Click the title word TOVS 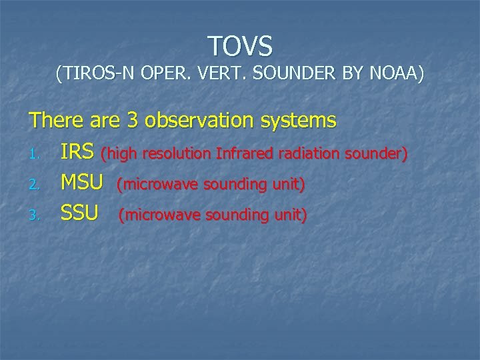pos(240,46)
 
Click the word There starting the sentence pos(56,121)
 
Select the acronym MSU pos(82,183)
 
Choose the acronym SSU pos(79,213)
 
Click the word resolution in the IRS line pos(174,155)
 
